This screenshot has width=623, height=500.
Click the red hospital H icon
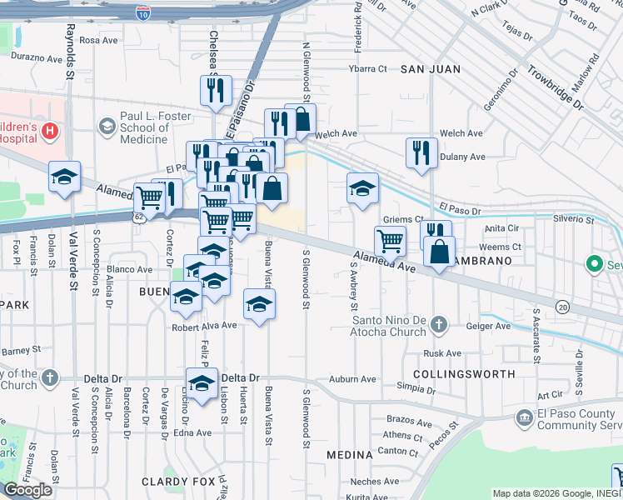(50, 131)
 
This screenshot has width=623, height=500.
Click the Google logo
(28, 490)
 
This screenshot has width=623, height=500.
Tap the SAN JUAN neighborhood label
(428, 69)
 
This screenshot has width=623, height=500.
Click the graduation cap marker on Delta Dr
(202, 383)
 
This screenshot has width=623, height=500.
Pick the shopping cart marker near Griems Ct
(390, 241)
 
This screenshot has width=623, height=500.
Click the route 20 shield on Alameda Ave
(563, 307)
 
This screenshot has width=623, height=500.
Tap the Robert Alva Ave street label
(205, 326)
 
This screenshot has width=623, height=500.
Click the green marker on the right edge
(594, 265)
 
